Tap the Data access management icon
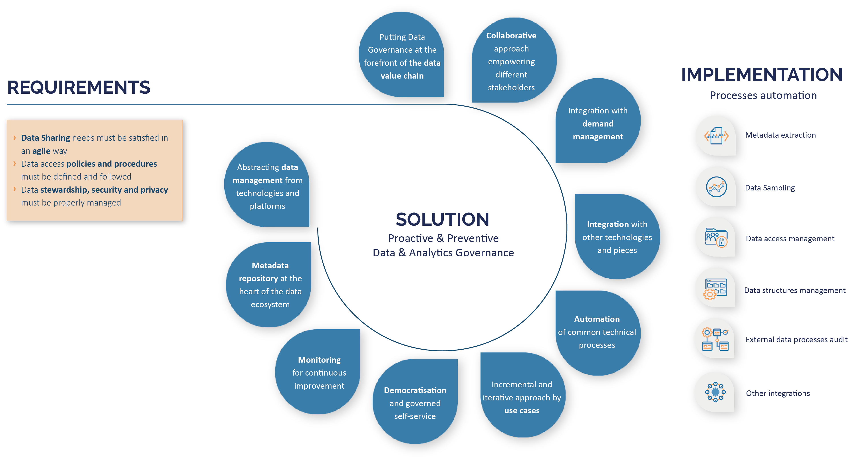(716, 237)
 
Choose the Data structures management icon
(716, 288)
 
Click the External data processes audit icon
(715, 339)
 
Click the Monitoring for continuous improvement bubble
(319, 372)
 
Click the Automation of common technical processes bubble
(597, 332)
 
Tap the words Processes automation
(763, 95)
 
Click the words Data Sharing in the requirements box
(46, 138)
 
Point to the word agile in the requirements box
(41, 151)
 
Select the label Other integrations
(778, 393)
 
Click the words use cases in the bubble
(522, 411)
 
